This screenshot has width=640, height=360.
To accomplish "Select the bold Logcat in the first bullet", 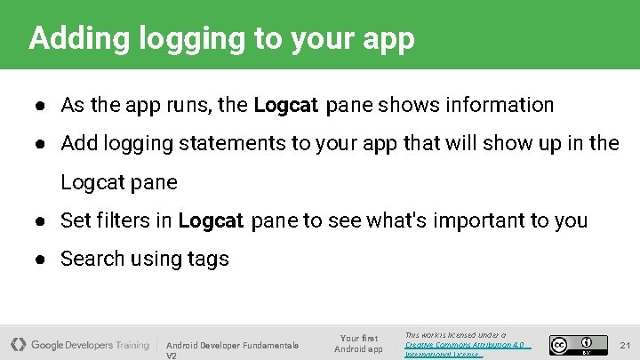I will [x=285, y=106].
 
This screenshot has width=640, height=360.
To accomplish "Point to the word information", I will [x=500, y=105].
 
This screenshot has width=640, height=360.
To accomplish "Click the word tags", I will [x=207, y=260].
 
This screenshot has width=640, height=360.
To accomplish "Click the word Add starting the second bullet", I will [x=78, y=144].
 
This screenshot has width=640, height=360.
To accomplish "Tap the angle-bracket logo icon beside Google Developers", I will [x=18, y=344].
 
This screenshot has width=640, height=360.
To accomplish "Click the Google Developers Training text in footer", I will [x=90, y=345].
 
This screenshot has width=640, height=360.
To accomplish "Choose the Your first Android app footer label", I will [x=358, y=343].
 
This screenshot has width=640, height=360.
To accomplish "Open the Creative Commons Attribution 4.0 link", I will [x=465, y=344].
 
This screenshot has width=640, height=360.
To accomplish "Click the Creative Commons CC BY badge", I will [x=572, y=344].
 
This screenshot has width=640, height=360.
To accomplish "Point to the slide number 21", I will [x=624, y=344].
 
